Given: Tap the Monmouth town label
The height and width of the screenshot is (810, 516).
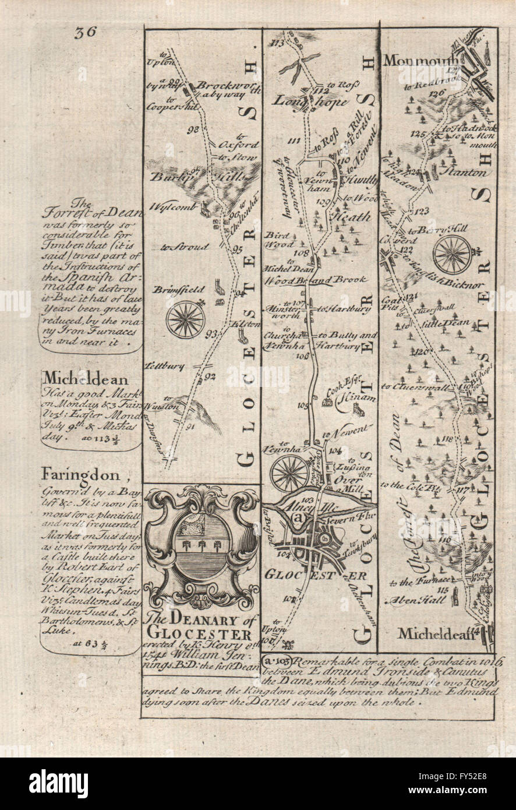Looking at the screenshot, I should coord(411,61).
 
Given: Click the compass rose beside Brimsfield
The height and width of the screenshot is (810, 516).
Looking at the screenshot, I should coord(185,319).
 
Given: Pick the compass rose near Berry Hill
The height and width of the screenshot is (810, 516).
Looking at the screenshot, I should coord(452,254).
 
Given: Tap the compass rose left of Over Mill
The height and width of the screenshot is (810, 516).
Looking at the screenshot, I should coord(290,473).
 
